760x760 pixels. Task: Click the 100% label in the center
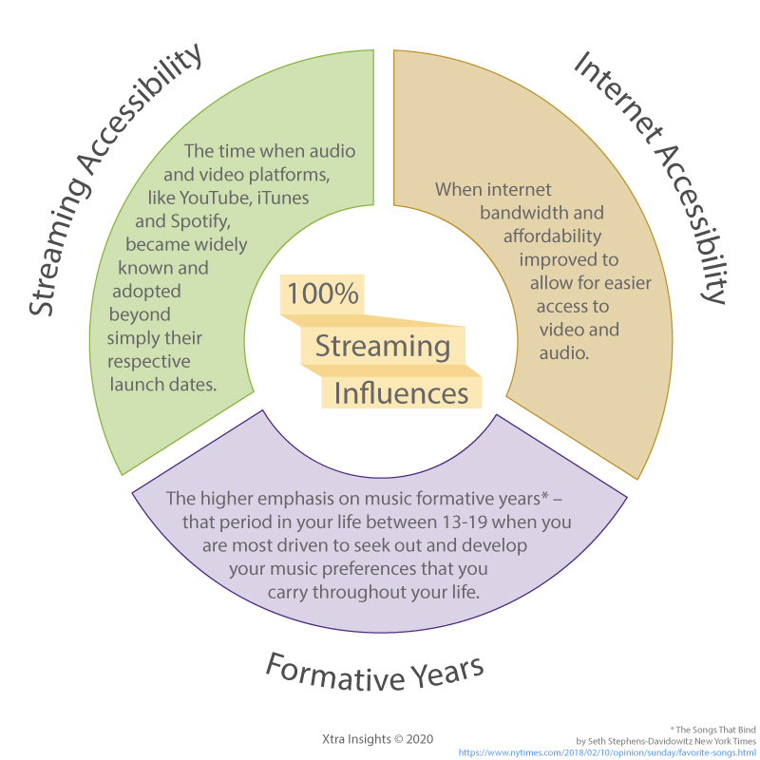pyautogui.click(x=322, y=294)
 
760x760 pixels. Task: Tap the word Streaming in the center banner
pyautogui.click(x=383, y=347)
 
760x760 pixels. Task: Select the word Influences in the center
pyautogui.click(x=401, y=393)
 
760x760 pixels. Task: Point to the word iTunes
pyautogui.click(x=283, y=198)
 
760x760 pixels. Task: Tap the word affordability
pyautogui.click(x=553, y=237)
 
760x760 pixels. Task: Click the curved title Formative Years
pyautogui.click(x=374, y=673)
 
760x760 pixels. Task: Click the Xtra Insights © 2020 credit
pyautogui.click(x=377, y=739)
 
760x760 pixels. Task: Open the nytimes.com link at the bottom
pyautogui.click(x=607, y=752)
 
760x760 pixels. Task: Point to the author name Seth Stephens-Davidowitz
pyautogui.click(x=639, y=741)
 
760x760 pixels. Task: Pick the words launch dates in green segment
pyautogui.click(x=163, y=385)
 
